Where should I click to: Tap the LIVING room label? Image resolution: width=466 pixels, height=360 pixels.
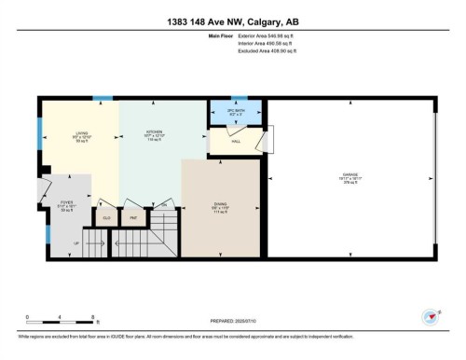click(82, 134)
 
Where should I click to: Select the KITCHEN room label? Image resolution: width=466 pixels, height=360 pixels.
click(155, 134)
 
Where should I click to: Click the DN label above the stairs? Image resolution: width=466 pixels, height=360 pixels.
click(163, 204)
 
